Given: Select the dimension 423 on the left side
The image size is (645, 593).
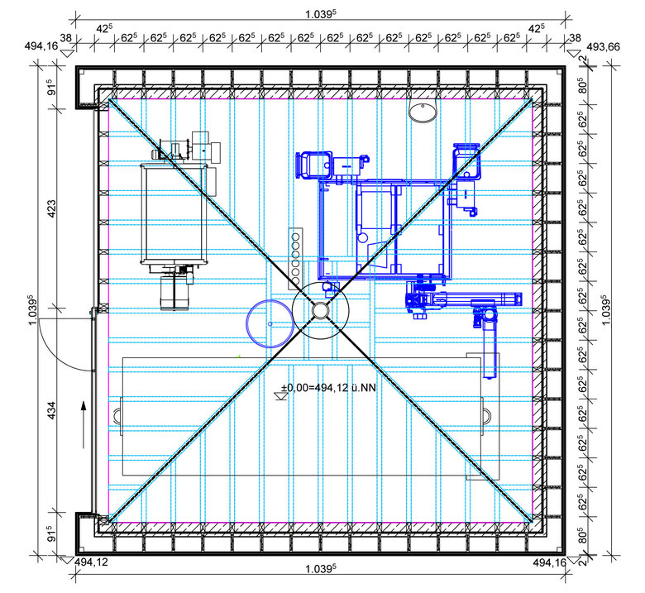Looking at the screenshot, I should (x=52, y=213).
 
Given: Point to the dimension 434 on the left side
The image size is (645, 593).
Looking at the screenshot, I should (x=52, y=411).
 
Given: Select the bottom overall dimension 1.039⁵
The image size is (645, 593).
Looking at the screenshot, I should (x=320, y=570).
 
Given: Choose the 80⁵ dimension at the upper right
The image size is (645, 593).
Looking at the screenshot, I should (x=583, y=85).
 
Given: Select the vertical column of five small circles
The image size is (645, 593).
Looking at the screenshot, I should (x=294, y=256).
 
